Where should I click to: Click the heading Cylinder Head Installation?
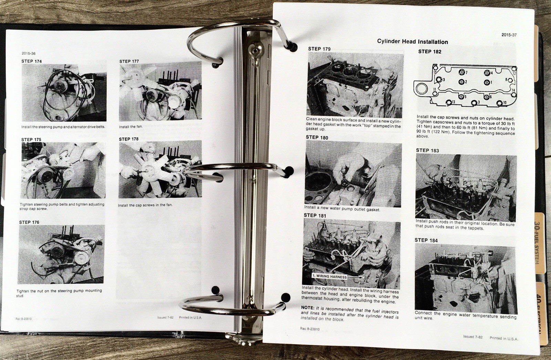click(x=412, y=42)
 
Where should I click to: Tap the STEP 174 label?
click(x=32, y=61)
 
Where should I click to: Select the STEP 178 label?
click(x=129, y=139)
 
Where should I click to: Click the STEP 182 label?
click(x=429, y=52)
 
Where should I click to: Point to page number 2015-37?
click(x=509, y=35)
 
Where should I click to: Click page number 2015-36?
click(x=28, y=53)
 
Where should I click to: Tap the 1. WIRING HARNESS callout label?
click(x=329, y=276)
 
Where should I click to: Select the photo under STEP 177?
click(x=160, y=92)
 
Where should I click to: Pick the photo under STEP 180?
click(x=353, y=173)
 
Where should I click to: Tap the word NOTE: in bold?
click(x=308, y=308)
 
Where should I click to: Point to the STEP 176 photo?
click(x=62, y=254)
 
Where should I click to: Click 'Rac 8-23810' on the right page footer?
click(x=310, y=329)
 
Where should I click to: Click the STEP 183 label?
click(x=427, y=150)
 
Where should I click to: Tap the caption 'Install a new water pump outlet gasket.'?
click(x=342, y=209)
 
